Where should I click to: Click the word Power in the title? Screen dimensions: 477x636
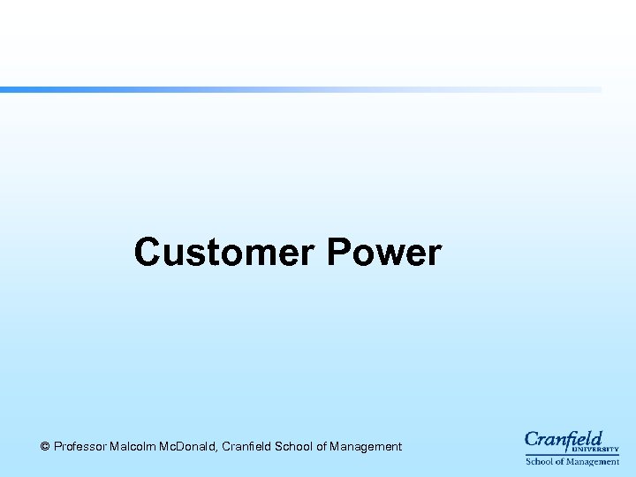(383, 253)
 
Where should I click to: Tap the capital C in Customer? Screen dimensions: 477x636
(148, 253)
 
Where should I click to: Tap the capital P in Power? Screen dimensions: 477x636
(339, 253)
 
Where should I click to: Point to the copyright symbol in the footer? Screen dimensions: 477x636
(45, 447)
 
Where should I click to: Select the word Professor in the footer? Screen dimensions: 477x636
(80, 447)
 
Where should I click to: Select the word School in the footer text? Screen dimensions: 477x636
(294, 447)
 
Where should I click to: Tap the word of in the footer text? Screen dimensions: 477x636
(322, 447)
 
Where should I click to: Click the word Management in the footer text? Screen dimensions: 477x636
(365, 447)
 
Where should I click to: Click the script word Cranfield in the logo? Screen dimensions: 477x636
(563, 439)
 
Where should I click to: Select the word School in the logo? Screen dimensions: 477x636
(540, 462)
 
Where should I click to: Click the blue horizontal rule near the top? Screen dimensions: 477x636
(300, 89)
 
